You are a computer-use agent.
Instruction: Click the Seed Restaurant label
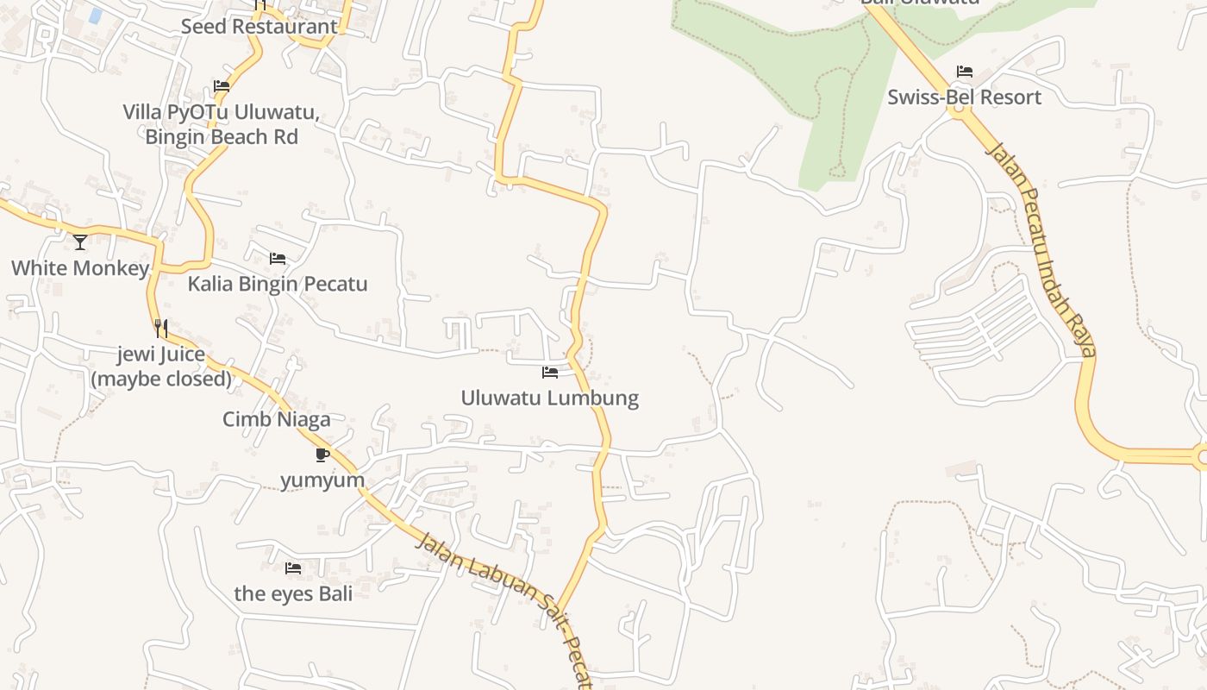coord(259,27)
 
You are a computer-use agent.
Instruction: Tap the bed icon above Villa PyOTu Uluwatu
coord(222,86)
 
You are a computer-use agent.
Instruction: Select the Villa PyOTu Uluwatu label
coord(222,124)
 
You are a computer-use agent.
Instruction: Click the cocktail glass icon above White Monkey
coord(80,242)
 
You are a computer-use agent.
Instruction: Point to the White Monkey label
coord(80,268)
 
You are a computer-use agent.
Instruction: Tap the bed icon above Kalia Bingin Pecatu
coord(278,259)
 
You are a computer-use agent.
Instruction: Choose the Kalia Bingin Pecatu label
coord(278,284)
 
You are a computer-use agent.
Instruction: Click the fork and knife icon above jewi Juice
coord(161,328)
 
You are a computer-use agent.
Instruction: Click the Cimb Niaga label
coord(276,419)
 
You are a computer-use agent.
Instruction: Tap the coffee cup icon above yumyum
coord(322,455)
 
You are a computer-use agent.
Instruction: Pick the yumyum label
coord(322,480)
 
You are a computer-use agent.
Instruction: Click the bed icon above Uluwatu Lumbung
coord(550,373)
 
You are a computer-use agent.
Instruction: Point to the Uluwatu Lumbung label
coord(550,398)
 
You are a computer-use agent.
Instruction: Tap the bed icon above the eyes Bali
coord(293,568)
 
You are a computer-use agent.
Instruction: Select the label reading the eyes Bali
coord(293,593)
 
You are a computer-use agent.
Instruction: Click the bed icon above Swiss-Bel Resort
coord(965,72)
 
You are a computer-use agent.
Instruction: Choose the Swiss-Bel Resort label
coord(965,97)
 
